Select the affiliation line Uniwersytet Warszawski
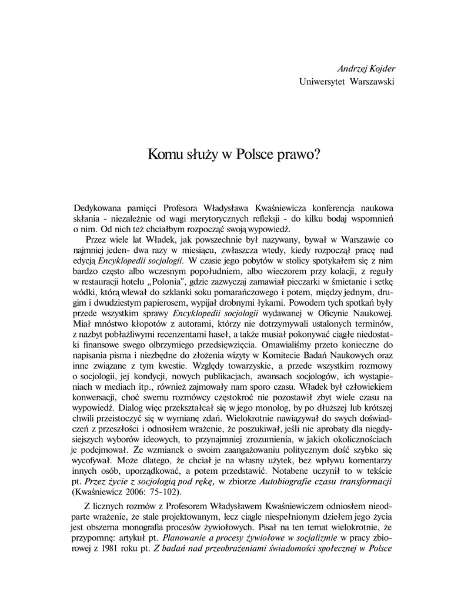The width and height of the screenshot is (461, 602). [x=346, y=81]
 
